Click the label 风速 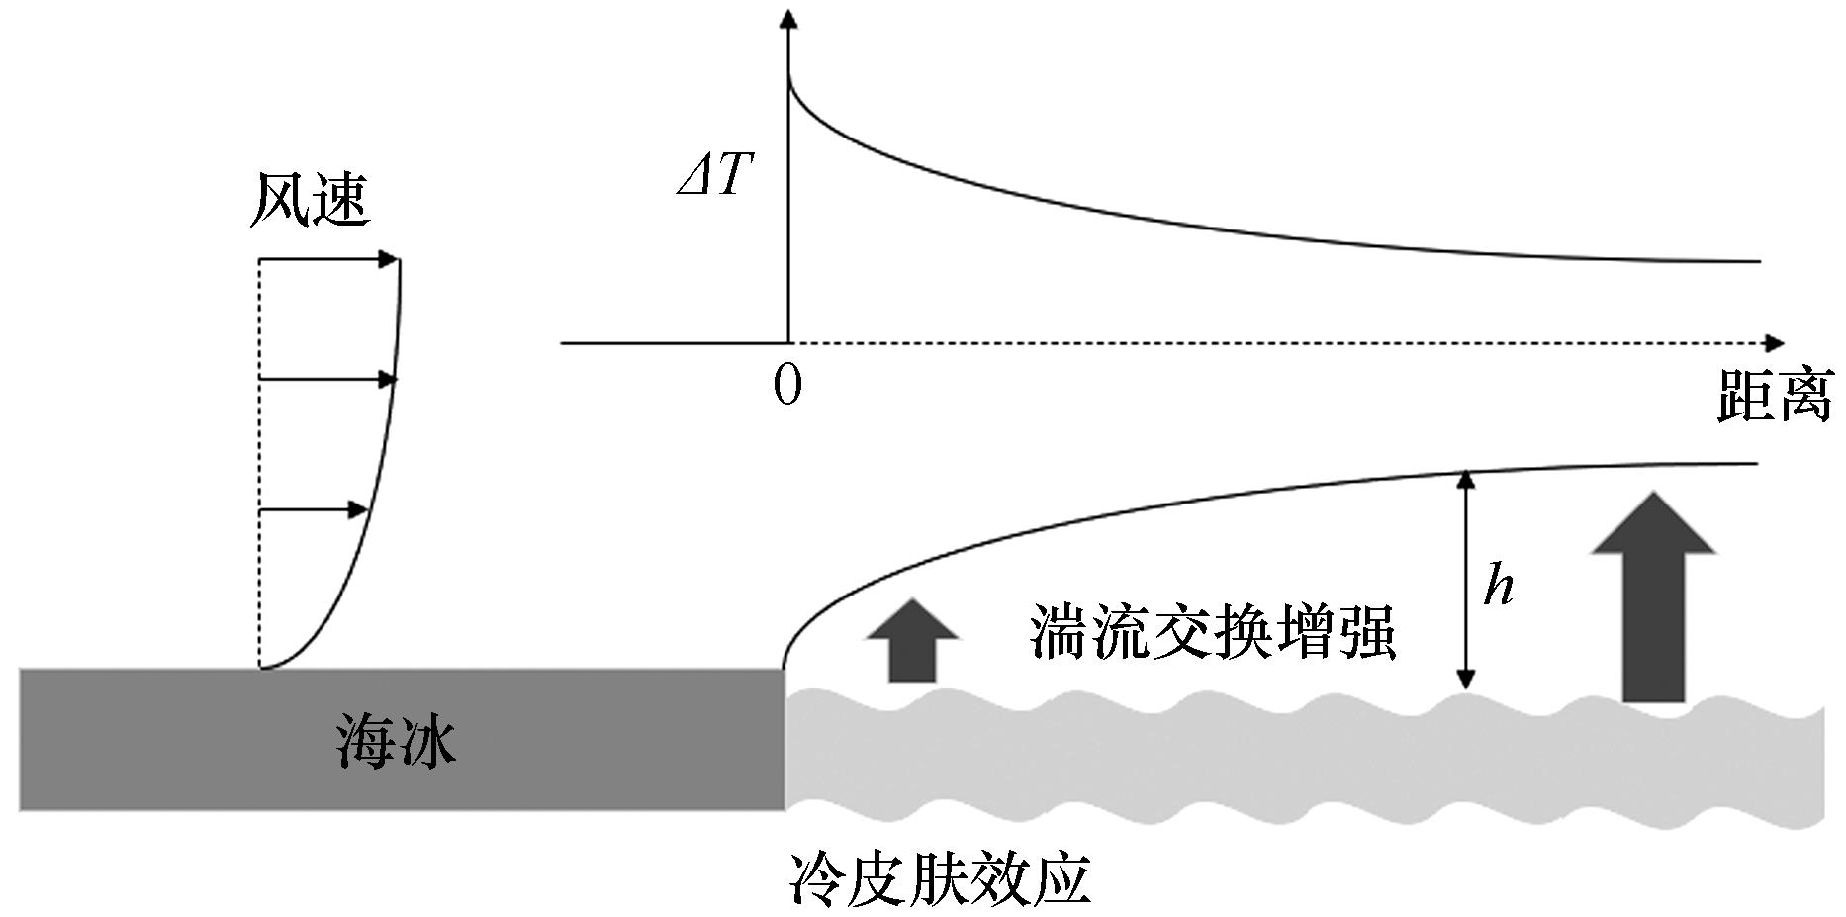click(310, 200)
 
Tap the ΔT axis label click(715, 177)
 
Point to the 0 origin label click(787, 385)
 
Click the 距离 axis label click(1775, 396)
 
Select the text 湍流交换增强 click(1213, 630)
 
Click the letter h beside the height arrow click(1499, 586)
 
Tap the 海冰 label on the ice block click(396, 741)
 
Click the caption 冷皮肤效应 click(940, 879)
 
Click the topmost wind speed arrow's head click(389, 260)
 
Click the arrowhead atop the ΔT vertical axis click(788, 20)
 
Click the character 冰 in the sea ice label click(426, 741)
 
